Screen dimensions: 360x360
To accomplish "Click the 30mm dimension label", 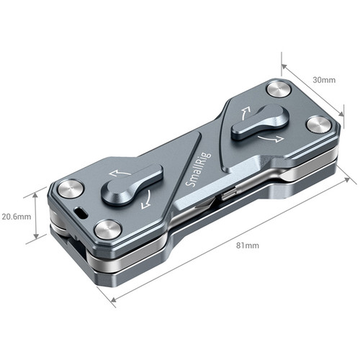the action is click(x=324, y=80).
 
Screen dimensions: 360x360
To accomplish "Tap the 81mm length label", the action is click(x=248, y=246).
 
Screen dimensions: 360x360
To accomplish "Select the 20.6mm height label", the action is click(x=17, y=217).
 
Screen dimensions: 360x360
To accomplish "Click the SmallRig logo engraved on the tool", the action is click(x=199, y=170).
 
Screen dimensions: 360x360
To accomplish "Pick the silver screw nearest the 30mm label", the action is click(x=279, y=89).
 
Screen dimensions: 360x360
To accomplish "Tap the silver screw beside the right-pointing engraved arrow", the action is click(x=319, y=125).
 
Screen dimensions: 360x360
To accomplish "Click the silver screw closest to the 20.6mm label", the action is click(x=71, y=189).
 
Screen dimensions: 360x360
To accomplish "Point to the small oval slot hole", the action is click(x=81, y=212).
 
